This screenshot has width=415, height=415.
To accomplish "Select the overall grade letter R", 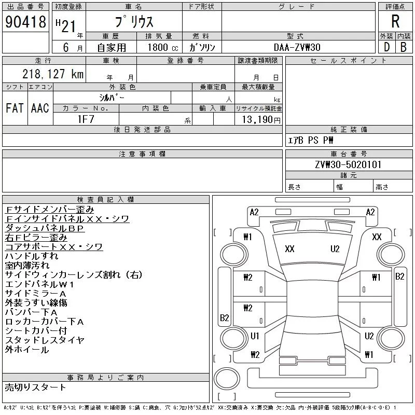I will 395,22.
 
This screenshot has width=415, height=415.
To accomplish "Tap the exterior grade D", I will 386,47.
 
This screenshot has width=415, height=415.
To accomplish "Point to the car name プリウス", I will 134,22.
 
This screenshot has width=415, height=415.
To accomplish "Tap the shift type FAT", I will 15,108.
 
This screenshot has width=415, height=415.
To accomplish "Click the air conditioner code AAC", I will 39,108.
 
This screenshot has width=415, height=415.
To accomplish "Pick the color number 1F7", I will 86,119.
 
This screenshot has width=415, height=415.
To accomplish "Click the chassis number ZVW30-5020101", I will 348,164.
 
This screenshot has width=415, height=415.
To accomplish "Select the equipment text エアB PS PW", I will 311,140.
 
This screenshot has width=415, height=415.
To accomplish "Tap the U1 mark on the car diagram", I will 255,336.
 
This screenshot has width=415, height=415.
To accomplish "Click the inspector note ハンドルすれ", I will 31,256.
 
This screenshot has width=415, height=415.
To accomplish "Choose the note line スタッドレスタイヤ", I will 45,340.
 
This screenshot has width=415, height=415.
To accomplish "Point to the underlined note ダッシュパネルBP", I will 44,228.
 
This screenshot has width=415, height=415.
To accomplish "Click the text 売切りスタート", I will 35,387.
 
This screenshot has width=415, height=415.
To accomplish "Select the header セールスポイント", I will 348,61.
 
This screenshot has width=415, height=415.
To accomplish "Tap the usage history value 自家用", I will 112,47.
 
